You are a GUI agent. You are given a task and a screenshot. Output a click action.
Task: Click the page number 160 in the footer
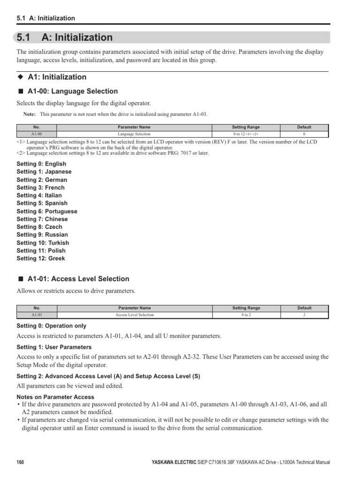20,462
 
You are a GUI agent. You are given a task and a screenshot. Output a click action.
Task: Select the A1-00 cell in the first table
37,134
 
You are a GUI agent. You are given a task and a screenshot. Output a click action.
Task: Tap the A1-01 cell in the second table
37,315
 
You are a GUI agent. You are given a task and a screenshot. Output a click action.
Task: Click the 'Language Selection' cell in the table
134,134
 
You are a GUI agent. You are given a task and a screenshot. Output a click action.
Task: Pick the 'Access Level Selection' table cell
134,315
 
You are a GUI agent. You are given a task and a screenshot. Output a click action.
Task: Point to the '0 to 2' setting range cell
246,315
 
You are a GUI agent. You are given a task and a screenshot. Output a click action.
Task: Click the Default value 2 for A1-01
304,315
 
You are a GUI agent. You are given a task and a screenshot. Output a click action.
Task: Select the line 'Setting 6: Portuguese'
47,211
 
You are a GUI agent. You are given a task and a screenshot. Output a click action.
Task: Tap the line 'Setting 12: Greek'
41,258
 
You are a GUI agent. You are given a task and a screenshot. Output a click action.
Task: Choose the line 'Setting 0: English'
41,164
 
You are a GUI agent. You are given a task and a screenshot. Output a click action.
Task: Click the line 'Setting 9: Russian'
42,235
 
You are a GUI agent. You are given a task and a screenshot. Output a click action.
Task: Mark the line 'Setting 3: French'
41,187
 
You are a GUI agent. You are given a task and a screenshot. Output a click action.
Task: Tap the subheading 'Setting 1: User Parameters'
54,347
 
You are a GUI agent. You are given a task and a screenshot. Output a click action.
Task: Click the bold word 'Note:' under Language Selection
30,114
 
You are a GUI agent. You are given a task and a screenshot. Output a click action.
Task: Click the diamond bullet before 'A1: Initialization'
20,77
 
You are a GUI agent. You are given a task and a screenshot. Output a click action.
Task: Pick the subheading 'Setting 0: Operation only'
52,326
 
